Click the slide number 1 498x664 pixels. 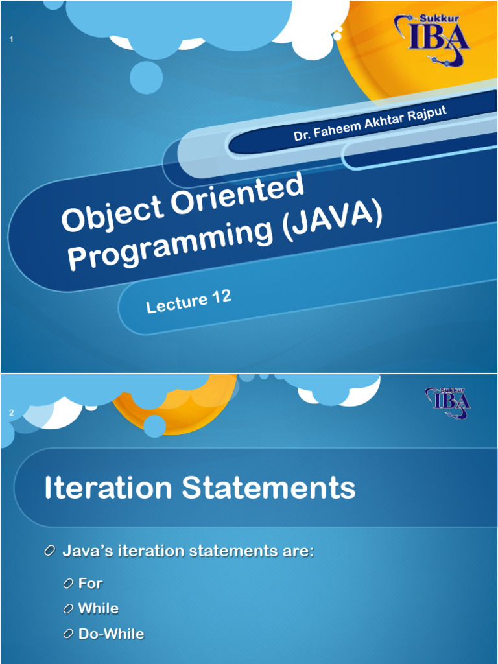point(12,41)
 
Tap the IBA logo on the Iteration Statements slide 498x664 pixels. point(448,402)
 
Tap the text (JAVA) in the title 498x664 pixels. point(331,220)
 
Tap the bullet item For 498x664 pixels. point(90,584)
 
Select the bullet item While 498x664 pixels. point(99,608)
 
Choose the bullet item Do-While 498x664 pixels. point(111,634)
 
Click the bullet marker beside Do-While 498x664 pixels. point(68,634)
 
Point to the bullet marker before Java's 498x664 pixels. point(50,551)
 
